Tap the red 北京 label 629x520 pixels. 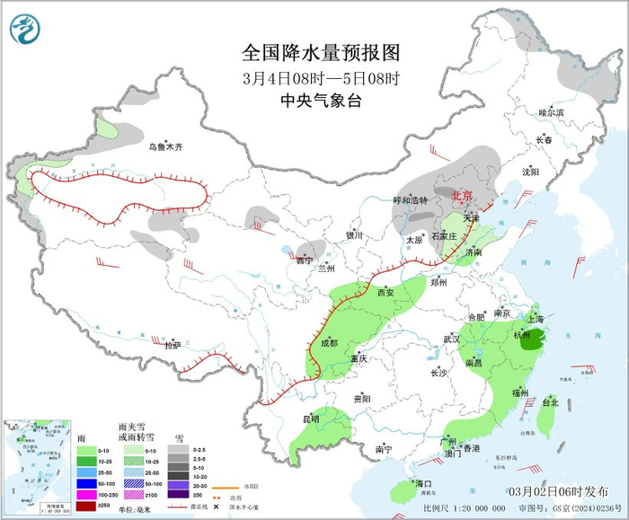462,195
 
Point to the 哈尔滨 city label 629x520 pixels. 551,113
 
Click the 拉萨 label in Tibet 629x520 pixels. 173,344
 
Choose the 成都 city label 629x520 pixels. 328,342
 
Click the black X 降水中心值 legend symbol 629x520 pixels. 217,507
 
